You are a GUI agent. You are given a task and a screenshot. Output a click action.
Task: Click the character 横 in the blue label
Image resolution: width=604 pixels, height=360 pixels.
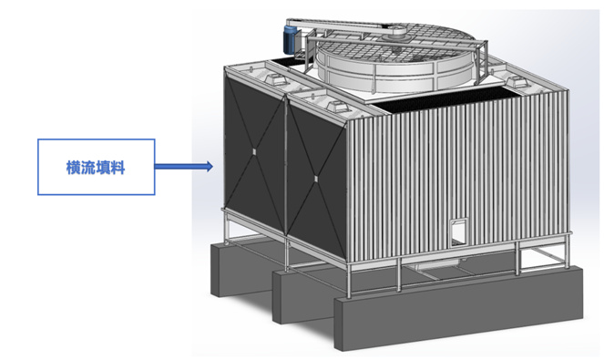(74, 168)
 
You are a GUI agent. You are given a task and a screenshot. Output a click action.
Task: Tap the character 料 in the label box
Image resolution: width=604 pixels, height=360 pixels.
(118, 168)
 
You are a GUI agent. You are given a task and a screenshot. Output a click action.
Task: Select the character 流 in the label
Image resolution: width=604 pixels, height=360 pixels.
(88, 168)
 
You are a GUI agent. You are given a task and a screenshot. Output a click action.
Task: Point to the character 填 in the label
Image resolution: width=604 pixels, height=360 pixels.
(103, 168)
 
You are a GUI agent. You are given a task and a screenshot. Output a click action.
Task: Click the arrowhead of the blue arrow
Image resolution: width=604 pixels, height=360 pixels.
(210, 167)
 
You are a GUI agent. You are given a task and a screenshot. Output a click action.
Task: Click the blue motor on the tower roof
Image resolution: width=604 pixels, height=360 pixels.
(290, 39)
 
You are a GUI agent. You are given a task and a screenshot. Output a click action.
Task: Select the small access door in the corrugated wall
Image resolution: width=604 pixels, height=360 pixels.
(459, 232)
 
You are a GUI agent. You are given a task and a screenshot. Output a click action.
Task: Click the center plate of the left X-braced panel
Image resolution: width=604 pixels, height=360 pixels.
(254, 151)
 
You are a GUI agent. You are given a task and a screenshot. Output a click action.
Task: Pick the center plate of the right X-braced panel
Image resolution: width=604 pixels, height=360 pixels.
(316, 179)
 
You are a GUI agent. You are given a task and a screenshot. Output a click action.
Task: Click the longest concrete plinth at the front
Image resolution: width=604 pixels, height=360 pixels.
(458, 307)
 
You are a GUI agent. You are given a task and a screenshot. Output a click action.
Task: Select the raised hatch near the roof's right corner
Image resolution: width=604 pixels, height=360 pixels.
(516, 82)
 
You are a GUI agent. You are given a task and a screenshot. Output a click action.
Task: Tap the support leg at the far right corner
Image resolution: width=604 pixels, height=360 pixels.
(567, 251)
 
